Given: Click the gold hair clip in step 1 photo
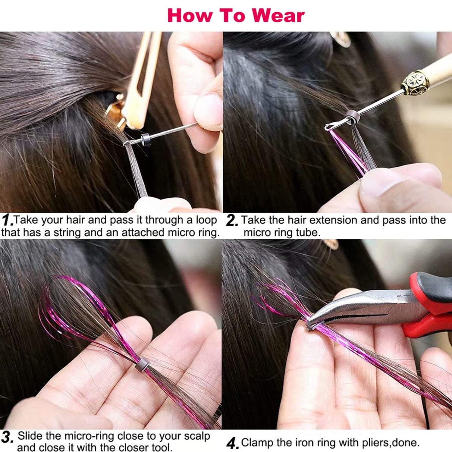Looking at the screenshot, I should point(142,81).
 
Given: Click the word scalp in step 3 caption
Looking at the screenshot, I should point(194,436).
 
